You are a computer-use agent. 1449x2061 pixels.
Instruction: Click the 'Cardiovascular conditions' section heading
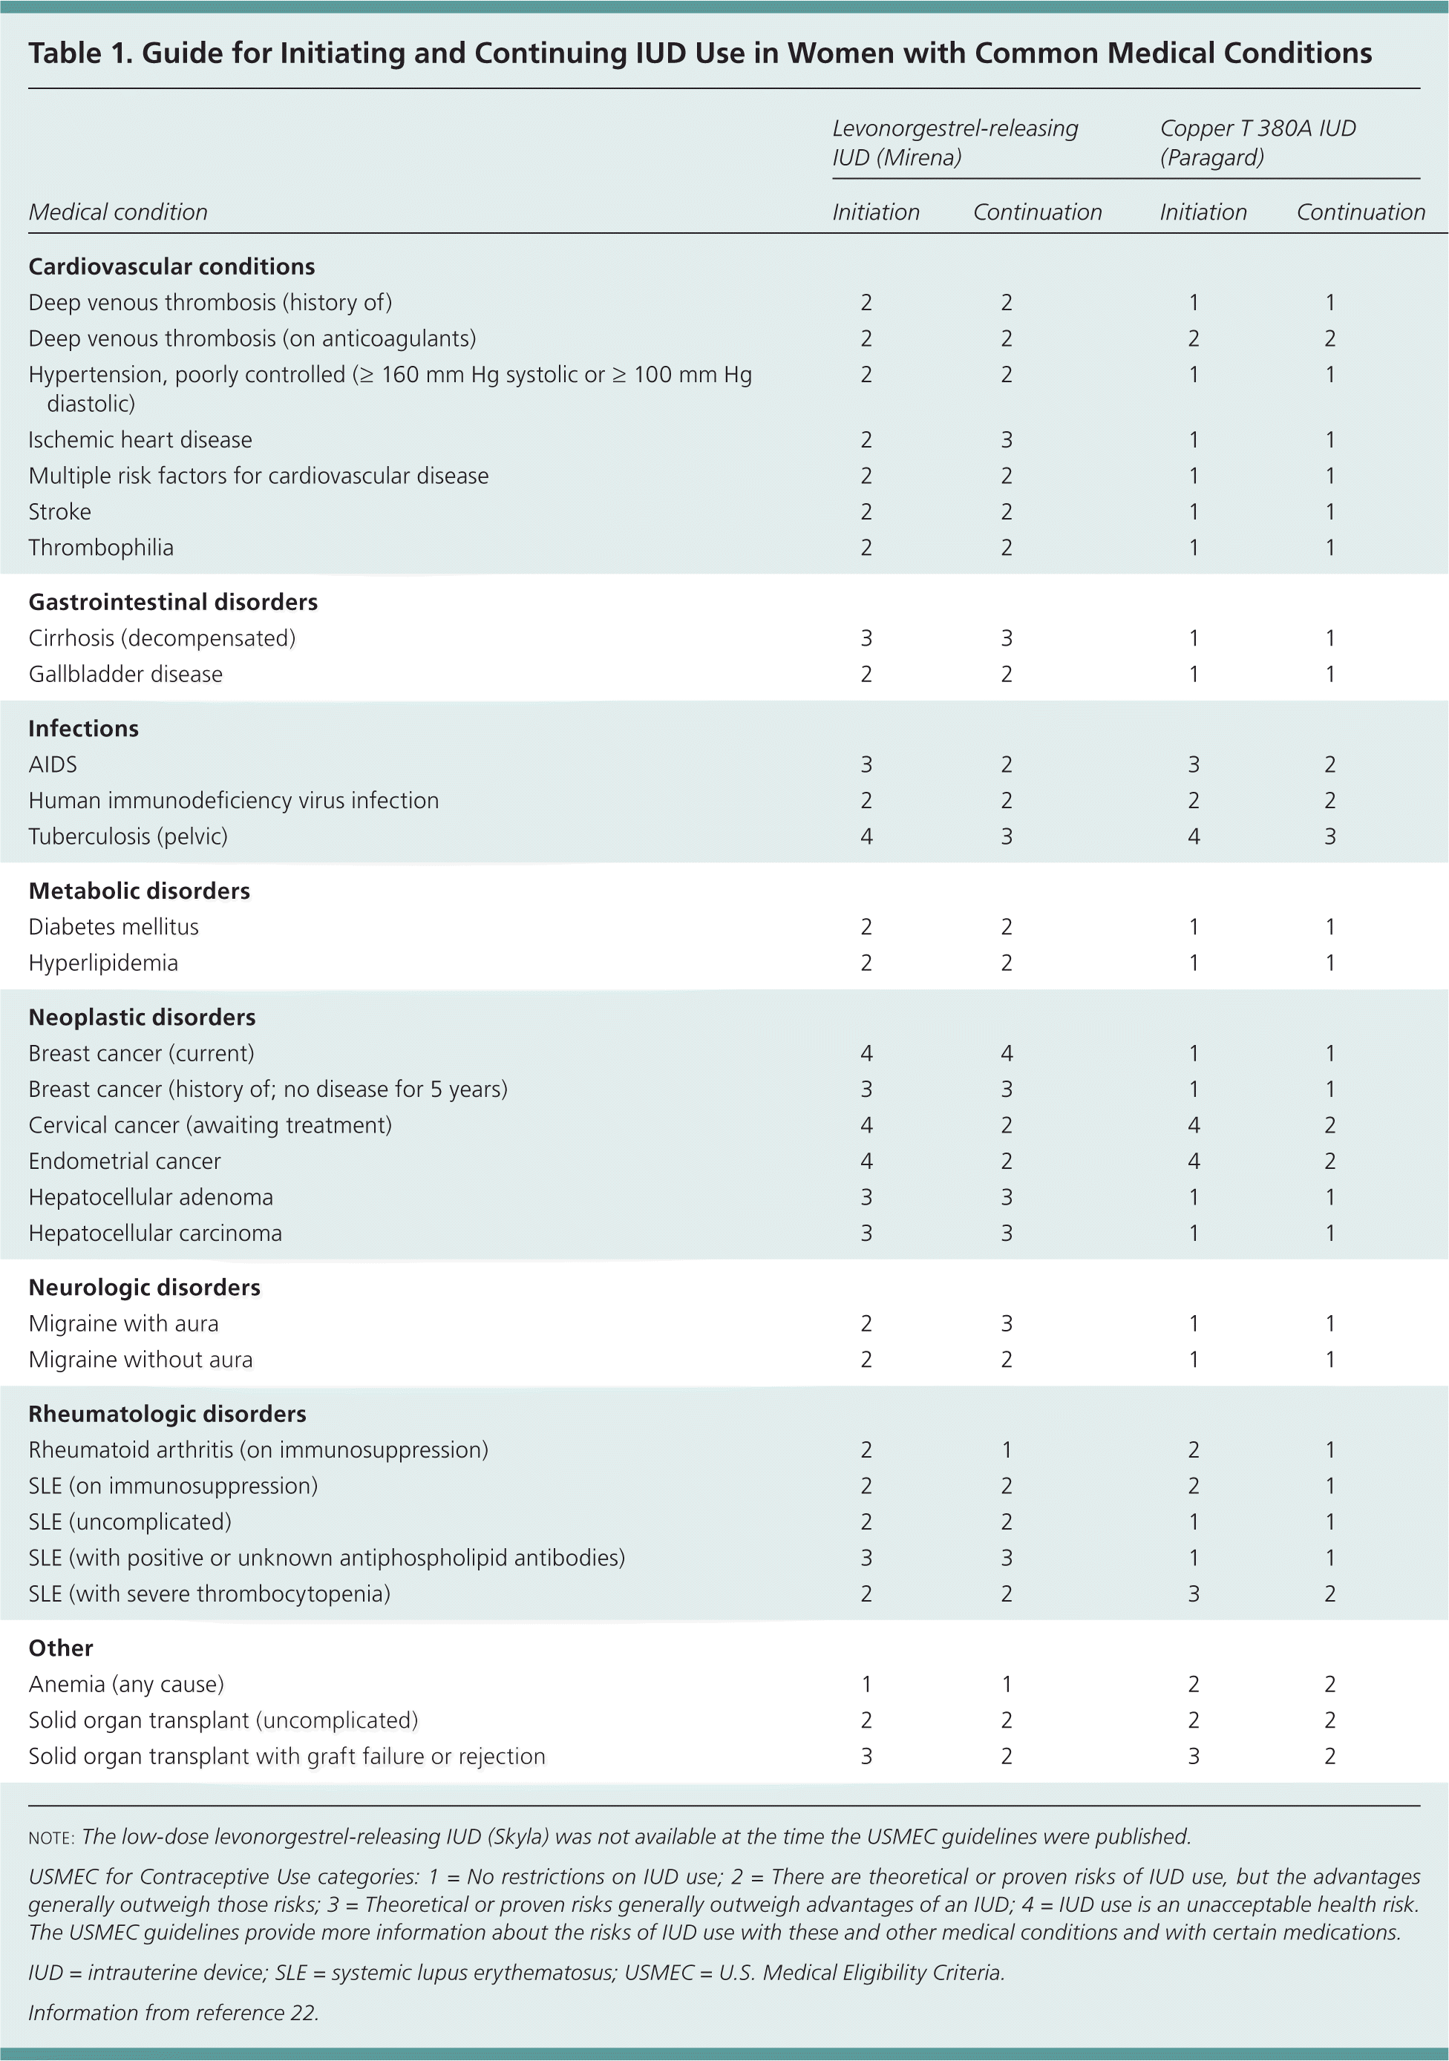(x=171, y=266)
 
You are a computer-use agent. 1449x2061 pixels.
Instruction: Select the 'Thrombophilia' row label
(x=100, y=548)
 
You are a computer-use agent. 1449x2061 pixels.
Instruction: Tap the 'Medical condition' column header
(x=117, y=213)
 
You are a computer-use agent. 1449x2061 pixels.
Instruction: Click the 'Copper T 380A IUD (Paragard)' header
(x=1257, y=142)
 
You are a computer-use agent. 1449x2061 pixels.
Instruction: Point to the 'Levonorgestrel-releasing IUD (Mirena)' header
(x=955, y=142)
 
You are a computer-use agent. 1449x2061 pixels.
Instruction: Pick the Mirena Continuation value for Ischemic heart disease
(x=1007, y=440)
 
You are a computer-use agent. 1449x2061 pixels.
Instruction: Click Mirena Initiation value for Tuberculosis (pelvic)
(x=866, y=836)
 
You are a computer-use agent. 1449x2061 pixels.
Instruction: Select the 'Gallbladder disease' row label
(x=125, y=674)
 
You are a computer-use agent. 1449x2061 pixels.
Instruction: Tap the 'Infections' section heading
(x=83, y=728)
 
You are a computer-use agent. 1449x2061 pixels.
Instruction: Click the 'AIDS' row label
(x=53, y=764)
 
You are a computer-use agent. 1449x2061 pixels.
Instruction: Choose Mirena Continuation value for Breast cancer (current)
(x=1007, y=1053)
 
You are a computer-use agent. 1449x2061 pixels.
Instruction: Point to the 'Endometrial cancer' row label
(x=125, y=1161)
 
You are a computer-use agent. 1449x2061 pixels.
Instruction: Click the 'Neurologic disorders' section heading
(x=145, y=1287)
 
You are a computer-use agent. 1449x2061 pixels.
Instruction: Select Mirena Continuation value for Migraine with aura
(x=1007, y=1324)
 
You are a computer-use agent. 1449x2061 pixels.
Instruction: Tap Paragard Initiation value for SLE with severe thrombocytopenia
(x=1193, y=1593)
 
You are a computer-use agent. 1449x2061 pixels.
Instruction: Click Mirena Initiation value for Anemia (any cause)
(x=866, y=1684)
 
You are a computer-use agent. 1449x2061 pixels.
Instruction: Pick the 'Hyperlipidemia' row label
(x=103, y=963)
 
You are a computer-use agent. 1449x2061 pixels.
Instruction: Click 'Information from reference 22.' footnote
(x=173, y=2013)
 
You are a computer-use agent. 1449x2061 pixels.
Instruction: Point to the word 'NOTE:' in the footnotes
(x=51, y=1838)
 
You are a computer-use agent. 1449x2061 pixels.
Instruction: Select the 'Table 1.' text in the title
(x=80, y=54)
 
